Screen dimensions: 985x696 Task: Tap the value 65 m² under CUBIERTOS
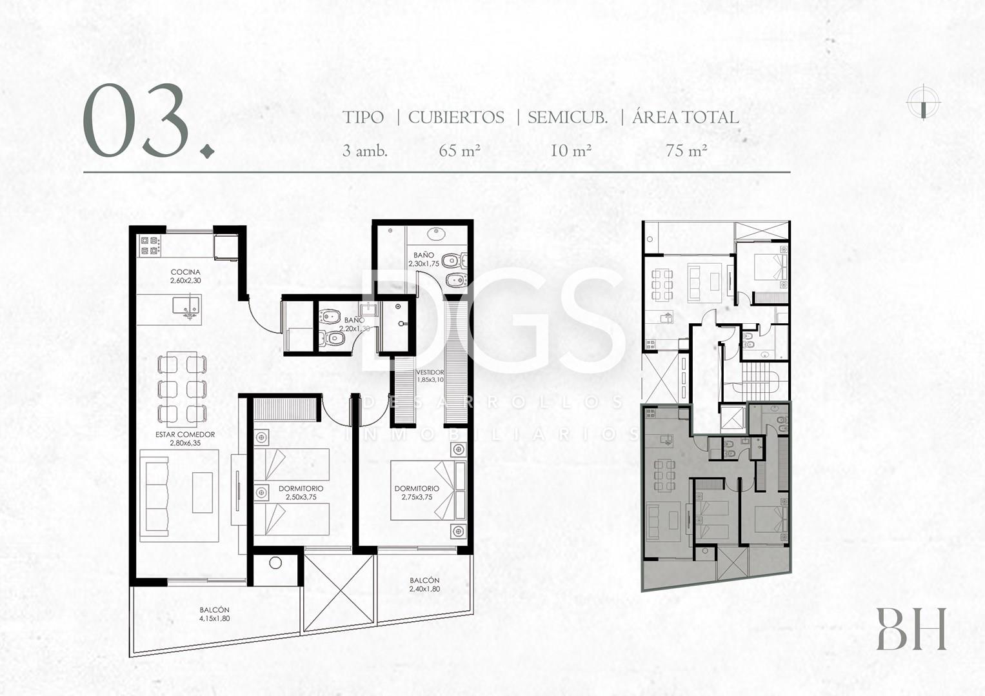pyautogui.click(x=459, y=151)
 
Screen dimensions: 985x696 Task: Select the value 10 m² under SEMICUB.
pyautogui.click(x=571, y=151)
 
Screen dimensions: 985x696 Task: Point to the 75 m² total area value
pyautogui.click(x=686, y=151)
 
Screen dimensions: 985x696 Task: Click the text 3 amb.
pyautogui.click(x=364, y=151)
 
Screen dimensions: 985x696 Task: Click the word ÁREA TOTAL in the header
pyautogui.click(x=686, y=117)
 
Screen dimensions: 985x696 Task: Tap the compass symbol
pyautogui.click(x=924, y=103)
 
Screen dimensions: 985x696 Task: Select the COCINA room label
pyautogui.click(x=186, y=272)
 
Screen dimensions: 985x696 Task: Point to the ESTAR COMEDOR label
pyautogui.click(x=185, y=434)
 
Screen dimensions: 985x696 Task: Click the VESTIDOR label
pyautogui.click(x=430, y=372)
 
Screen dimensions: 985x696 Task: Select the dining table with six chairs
pyautogui.click(x=182, y=389)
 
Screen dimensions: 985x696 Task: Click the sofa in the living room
pyautogui.click(x=155, y=495)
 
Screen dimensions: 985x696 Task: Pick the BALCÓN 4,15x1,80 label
pyautogui.click(x=215, y=614)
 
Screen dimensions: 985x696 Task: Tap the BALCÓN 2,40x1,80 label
pyautogui.click(x=424, y=584)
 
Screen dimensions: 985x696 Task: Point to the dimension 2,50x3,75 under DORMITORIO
pyautogui.click(x=301, y=497)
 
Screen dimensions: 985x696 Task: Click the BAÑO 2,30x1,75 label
pyautogui.click(x=423, y=259)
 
